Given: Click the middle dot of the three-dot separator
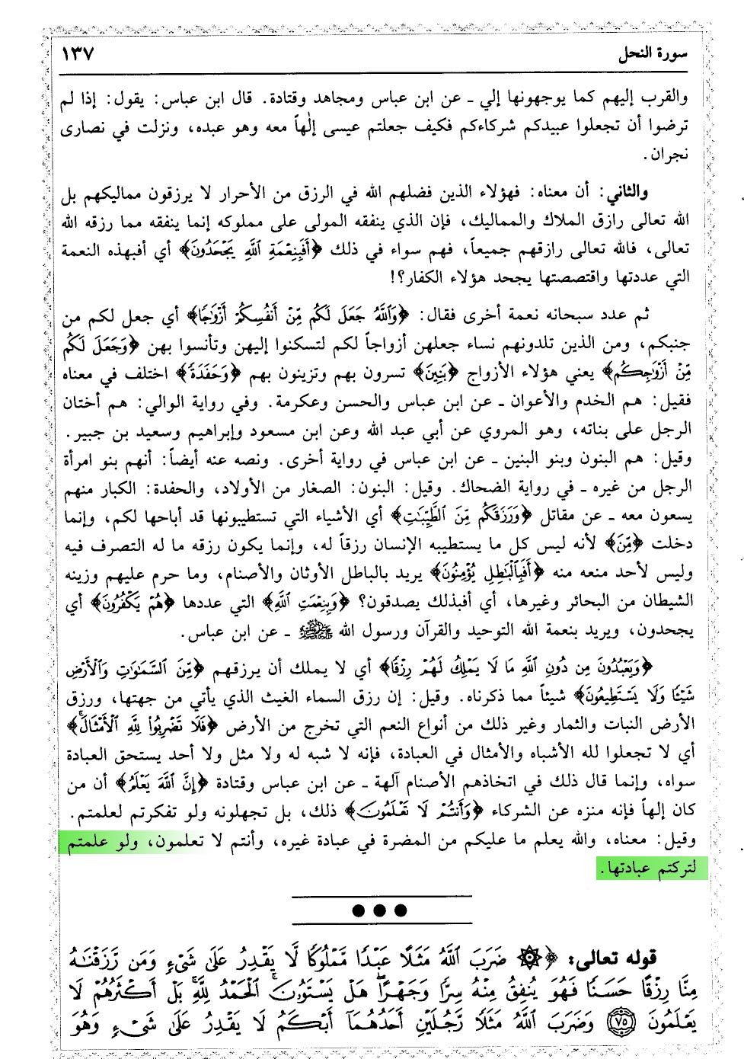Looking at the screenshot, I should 380,910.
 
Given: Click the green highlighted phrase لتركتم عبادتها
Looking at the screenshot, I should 652,868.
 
